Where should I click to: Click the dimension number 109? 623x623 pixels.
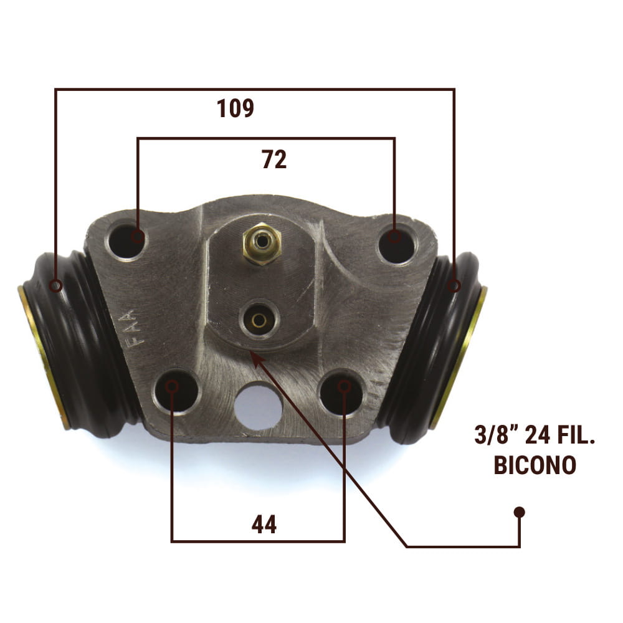tap(235, 108)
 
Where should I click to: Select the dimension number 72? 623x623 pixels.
tap(274, 159)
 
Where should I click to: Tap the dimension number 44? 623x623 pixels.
tap(264, 525)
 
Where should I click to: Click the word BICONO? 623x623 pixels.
tap(535, 465)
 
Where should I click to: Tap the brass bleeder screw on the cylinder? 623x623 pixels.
tap(262, 244)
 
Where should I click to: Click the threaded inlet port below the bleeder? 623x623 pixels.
tap(259, 320)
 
